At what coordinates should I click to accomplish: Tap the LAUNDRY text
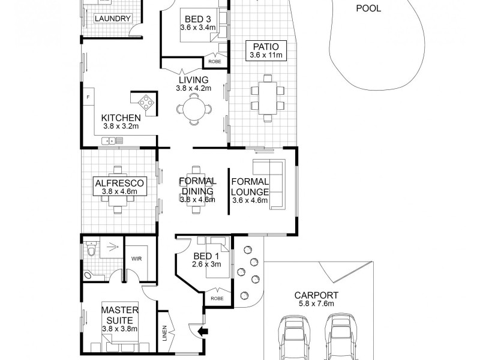coord(113,19)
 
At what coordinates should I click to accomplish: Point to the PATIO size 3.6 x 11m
coord(266,56)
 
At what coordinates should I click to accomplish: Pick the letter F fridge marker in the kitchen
coord(88,97)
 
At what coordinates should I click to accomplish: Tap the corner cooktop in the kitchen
coord(145,101)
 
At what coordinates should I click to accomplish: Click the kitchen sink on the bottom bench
coord(112,141)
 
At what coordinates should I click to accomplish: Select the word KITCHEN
coord(121,118)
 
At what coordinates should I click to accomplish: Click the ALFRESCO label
coord(120,183)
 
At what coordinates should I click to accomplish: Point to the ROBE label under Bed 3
coord(214,62)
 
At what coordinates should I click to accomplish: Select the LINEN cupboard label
coord(165,334)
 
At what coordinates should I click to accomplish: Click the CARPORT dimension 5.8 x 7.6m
coord(316,304)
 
